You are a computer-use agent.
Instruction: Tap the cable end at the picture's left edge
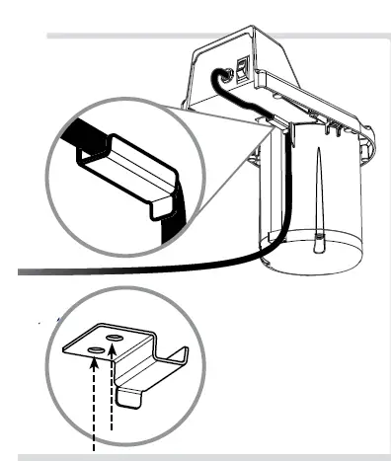22,269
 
